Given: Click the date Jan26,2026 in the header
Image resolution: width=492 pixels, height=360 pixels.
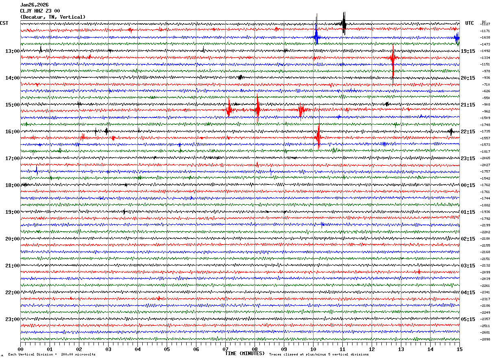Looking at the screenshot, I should [x=34, y=5].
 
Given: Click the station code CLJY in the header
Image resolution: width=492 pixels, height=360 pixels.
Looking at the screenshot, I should [x=27, y=11].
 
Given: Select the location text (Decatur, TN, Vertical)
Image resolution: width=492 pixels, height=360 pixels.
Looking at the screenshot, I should [x=53, y=17].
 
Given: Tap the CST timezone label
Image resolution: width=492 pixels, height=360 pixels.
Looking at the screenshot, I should [x=4, y=23].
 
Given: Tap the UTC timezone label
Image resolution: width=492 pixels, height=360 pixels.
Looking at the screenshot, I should [x=470, y=23].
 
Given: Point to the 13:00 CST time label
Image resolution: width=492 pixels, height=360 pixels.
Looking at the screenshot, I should [x=12, y=51].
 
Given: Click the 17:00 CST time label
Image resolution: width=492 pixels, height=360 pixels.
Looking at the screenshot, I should [x=12, y=158].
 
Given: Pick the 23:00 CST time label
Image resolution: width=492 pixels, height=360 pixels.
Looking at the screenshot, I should [x=12, y=319].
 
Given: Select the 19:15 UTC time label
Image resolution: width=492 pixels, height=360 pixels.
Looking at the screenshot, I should [x=468, y=51].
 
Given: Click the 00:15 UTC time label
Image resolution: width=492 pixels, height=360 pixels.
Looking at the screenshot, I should [x=468, y=185].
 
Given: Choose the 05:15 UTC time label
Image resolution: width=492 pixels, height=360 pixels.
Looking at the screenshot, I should [x=468, y=319].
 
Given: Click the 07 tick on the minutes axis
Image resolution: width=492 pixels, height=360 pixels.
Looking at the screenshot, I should [x=225, y=349].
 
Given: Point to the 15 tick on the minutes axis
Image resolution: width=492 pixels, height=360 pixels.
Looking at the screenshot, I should [x=459, y=349].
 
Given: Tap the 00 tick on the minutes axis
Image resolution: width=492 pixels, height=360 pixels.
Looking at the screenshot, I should [x=20, y=349].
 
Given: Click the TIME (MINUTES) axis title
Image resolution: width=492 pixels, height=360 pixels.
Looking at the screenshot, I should [x=244, y=353].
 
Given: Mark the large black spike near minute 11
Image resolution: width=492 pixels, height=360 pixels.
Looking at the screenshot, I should [x=344, y=24].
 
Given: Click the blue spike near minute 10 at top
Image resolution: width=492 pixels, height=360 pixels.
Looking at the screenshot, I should [x=316, y=37].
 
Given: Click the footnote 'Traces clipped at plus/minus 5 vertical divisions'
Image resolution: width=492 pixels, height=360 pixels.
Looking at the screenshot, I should [x=319, y=355].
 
